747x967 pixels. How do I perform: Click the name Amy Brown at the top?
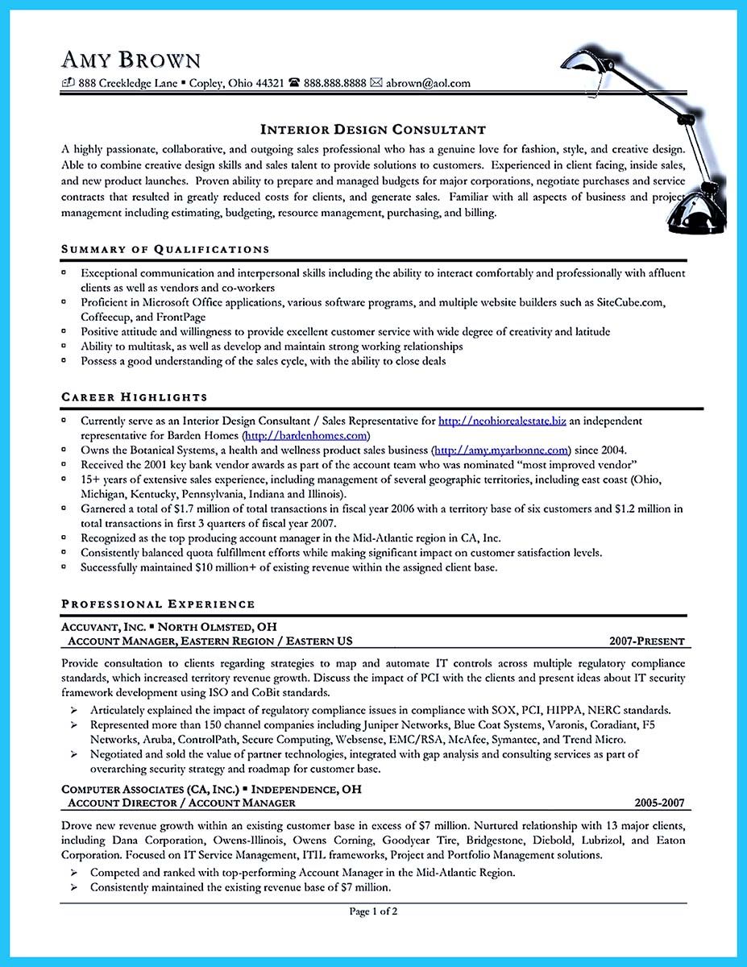pos(131,60)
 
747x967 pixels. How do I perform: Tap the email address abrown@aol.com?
pos(428,83)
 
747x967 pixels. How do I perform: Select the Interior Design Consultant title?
pos(372,129)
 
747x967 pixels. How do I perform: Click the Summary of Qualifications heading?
pos(165,249)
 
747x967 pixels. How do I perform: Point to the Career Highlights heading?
pos(134,396)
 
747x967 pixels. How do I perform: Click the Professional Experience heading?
pos(158,604)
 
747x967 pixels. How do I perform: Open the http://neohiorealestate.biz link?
pos(502,421)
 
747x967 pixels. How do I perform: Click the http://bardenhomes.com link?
pos(299,435)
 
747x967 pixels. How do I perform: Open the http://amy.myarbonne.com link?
pos(501,450)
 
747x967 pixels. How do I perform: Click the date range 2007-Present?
pos(647,641)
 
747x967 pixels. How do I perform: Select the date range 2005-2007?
pos(658,803)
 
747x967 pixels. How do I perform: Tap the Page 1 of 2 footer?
pos(373,911)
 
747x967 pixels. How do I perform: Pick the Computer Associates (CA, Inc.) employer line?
pos(211,789)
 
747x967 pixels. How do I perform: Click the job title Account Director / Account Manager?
pos(181,803)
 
